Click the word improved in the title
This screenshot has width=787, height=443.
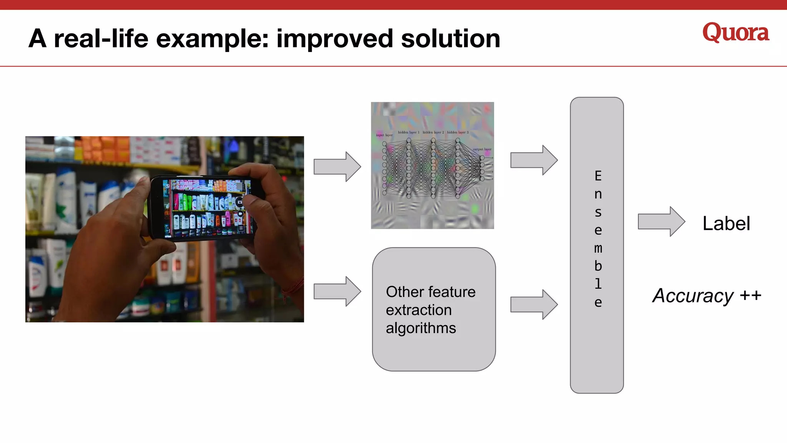coord(334,39)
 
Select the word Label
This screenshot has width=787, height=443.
coord(726,223)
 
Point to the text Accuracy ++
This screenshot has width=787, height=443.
coord(707,296)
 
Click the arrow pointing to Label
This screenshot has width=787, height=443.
coord(661,221)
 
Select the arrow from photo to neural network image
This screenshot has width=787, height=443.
coord(337,167)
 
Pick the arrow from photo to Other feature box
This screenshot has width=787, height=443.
coord(337,291)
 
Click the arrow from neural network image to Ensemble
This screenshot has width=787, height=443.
coord(534,160)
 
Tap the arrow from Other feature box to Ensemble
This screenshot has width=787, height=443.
coord(534,305)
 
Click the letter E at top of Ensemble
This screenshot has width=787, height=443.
coord(598,176)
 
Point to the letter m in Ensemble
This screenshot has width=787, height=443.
coord(598,248)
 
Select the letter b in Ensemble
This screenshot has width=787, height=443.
coord(598,266)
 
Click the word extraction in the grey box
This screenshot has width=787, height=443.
coord(418,310)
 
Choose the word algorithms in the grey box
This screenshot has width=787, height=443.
coord(421,328)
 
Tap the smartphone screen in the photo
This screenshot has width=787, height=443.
coord(208,208)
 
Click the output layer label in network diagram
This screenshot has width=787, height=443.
coord(482,149)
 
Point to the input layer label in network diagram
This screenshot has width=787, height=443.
coord(384,135)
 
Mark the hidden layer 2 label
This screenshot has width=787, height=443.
coord(433,132)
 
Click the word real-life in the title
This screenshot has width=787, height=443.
coord(101,39)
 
